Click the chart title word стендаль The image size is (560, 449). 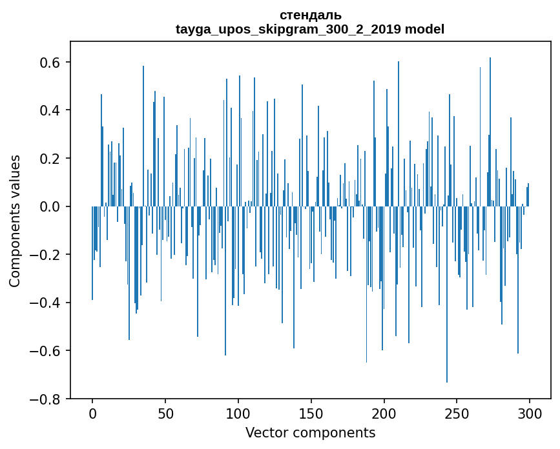point(310,15)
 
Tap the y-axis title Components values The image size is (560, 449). point(14,221)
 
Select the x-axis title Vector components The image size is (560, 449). point(310,433)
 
